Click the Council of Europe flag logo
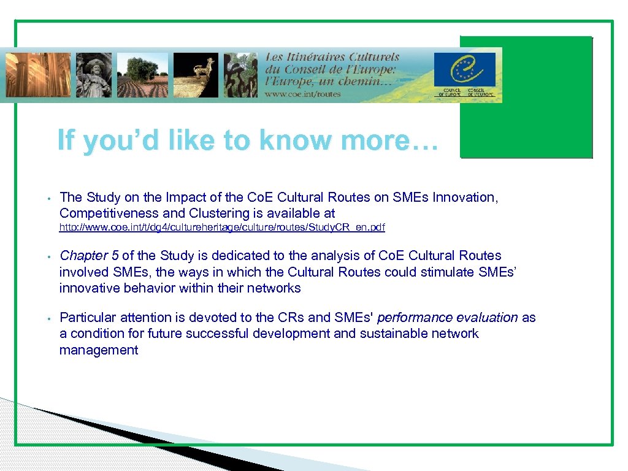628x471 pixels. point(464,69)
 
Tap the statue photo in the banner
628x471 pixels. point(94,74)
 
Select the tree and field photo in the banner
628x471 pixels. point(147,74)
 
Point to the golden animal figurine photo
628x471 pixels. point(195,74)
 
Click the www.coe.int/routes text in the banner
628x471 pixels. point(303,94)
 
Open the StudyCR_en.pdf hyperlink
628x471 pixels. point(222,228)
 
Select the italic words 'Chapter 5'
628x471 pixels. point(89,256)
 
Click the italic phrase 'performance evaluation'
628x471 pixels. point(448,318)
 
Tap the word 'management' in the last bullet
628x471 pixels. point(98,350)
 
